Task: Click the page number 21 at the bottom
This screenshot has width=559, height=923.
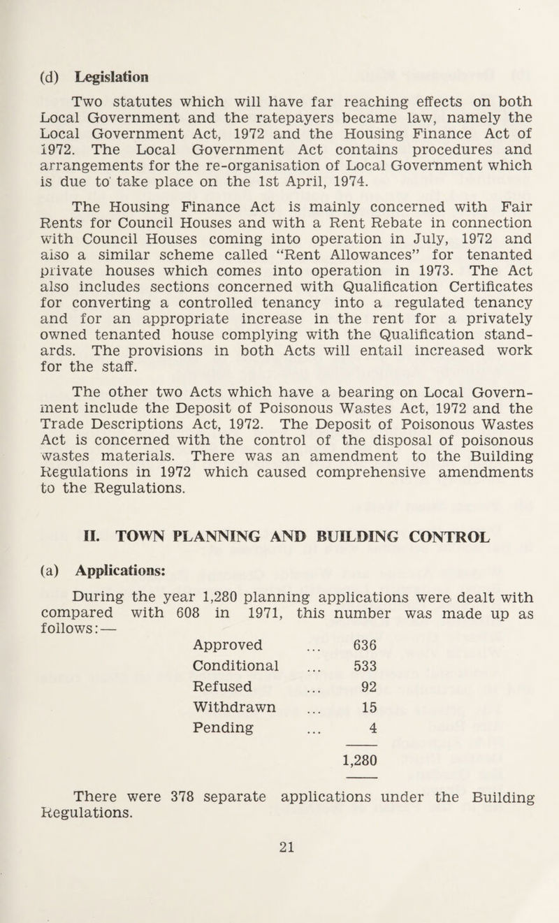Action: click(281, 882)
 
